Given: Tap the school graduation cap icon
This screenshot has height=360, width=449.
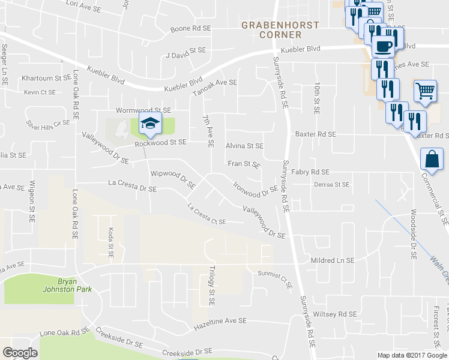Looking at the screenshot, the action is [149, 125].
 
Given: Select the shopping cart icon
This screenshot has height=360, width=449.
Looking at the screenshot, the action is [425, 91].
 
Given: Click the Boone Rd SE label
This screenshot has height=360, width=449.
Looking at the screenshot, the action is [191, 28].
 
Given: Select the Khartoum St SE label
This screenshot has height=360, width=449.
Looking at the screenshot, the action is [46, 78].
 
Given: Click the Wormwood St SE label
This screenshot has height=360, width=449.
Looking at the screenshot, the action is [143, 110].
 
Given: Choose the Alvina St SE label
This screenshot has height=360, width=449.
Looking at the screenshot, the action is [244, 146].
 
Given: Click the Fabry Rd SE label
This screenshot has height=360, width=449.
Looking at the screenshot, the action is [310, 172].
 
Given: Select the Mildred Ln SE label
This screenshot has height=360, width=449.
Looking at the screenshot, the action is [333, 261].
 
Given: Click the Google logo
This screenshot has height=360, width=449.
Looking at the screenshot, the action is [20, 353].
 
